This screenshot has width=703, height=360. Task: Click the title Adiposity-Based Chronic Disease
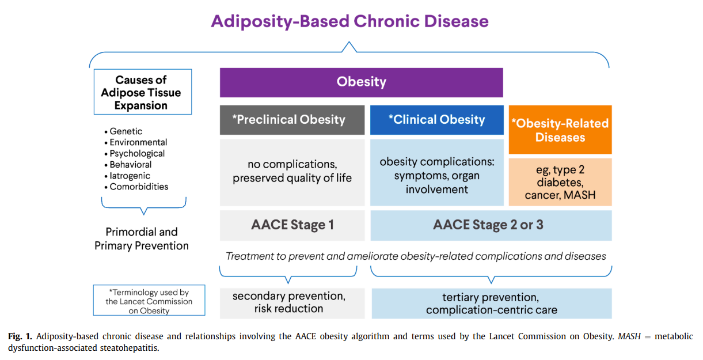[x=349, y=21]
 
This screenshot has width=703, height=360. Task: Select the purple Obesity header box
[x=361, y=82]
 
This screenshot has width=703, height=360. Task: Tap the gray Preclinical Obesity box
[x=292, y=120]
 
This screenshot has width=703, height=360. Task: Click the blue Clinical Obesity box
[x=436, y=120]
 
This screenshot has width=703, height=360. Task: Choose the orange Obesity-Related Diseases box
[x=560, y=130]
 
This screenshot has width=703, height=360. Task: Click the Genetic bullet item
[x=126, y=131]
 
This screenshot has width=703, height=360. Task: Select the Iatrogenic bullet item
[x=130, y=176]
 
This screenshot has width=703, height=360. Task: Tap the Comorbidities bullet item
[x=138, y=187]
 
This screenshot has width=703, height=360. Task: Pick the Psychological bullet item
[x=137, y=153]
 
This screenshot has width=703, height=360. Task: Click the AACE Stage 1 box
[x=292, y=225]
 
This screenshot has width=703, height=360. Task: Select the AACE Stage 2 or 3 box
[x=490, y=225]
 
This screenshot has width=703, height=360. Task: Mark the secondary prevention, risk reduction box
[x=292, y=302]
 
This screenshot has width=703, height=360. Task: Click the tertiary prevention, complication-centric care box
[x=491, y=304]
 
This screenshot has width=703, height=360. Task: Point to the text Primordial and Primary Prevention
[x=142, y=238]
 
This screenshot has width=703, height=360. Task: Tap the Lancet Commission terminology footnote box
[x=149, y=301]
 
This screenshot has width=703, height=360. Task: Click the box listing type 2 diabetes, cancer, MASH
[x=560, y=182]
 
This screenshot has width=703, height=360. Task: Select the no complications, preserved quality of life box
[x=292, y=171]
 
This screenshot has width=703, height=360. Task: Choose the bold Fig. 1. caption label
[x=20, y=336]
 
